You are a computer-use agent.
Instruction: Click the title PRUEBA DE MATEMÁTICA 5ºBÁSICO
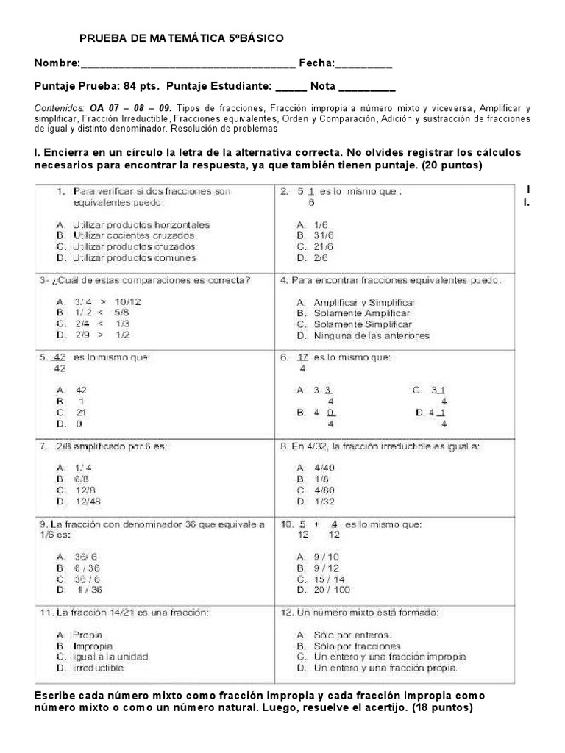click(x=180, y=38)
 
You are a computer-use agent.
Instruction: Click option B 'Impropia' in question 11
click(x=88, y=646)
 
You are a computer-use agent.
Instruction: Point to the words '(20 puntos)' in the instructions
click(x=449, y=165)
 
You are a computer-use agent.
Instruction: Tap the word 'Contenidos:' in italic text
click(x=60, y=107)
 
